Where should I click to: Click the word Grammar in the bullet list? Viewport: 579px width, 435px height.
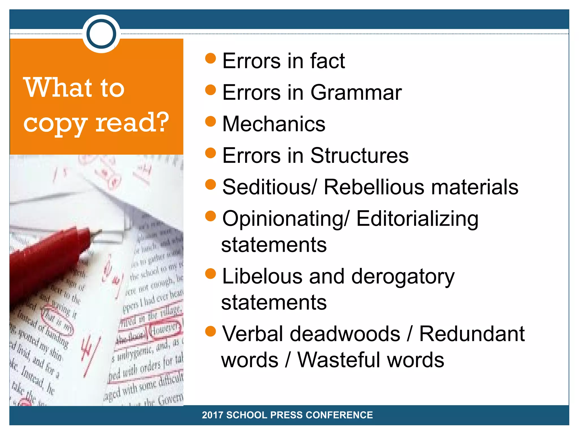coord(356,93)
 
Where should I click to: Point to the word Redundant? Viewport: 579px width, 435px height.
coord(472,334)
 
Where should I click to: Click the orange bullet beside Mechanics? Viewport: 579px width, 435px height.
coord(211,121)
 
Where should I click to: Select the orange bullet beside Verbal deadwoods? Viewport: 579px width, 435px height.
coord(211,331)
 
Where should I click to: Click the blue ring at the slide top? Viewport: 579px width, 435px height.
coord(101,34)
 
